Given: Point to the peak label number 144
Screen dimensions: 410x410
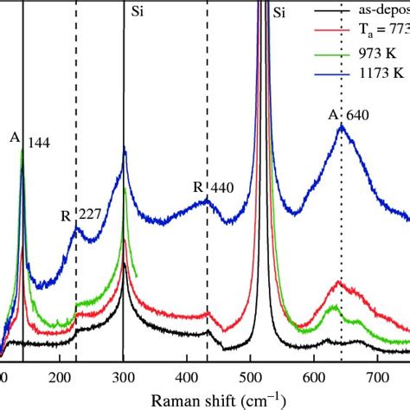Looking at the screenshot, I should [x=39, y=143].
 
